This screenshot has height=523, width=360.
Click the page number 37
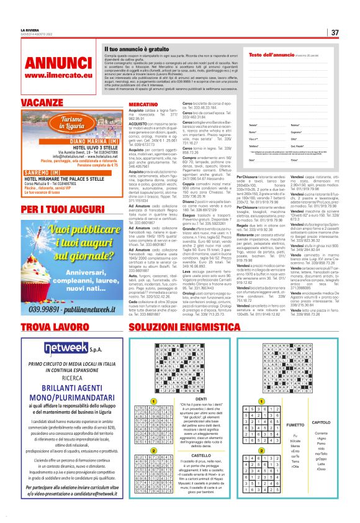[x=335, y=32]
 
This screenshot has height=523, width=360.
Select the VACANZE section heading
[x=43, y=102]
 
